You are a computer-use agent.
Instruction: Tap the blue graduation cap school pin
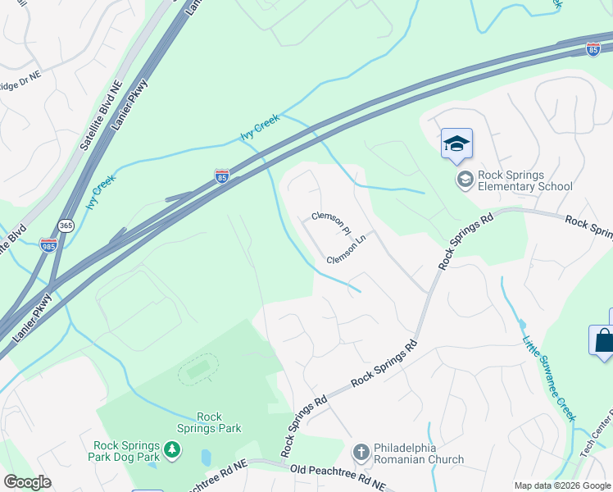point(456,145)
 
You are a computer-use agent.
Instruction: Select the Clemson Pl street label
point(331,221)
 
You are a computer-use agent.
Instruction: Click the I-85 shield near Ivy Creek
point(221,175)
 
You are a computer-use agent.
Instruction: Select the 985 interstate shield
point(48,244)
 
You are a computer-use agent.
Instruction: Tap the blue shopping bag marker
point(602,339)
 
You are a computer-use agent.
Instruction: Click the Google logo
point(27,482)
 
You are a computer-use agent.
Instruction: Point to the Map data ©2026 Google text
point(561,485)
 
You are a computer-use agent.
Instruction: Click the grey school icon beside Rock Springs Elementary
point(465,180)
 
